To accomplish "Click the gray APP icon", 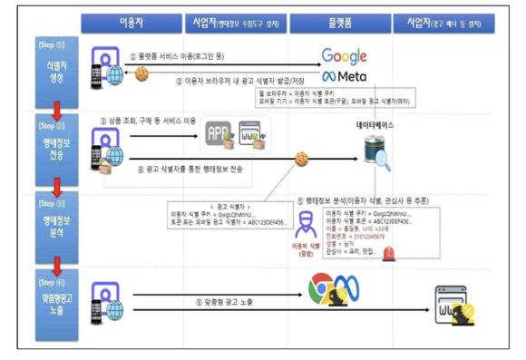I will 219,132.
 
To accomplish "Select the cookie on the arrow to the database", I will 300,160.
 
